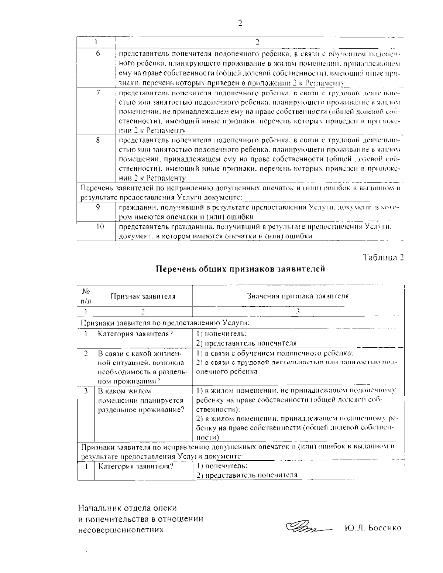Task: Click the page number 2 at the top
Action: pyautogui.click(x=240, y=23)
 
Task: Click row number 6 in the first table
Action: pyautogui.click(x=98, y=53)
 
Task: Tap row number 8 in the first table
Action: pyautogui.click(x=98, y=140)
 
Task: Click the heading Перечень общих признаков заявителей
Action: pyautogui.click(x=240, y=269)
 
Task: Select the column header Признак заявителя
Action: pyautogui.click(x=143, y=296)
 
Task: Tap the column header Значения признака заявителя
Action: pyautogui.click(x=298, y=296)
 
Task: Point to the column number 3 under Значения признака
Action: pyautogui.click(x=298, y=312)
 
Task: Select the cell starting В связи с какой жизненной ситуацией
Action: pyautogui.click(x=142, y=367)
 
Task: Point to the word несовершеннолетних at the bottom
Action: pyautogui.click(x=121, y=529)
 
